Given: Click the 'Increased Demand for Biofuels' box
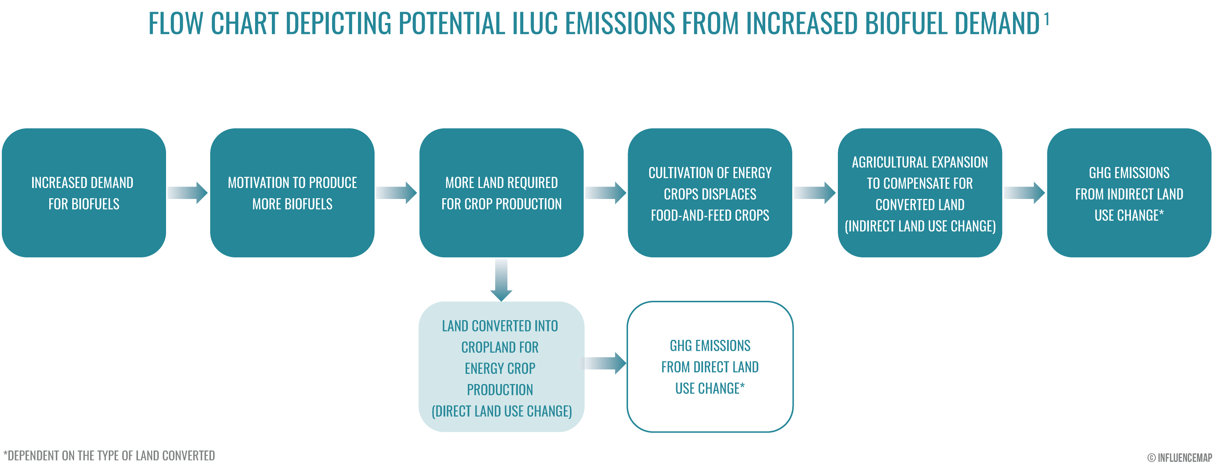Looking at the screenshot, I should tap(84, 193).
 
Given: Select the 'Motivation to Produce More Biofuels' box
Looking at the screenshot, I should tap(292, 193).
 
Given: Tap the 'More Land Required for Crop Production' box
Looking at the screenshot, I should tap(501, 193).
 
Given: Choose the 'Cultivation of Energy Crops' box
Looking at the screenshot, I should tap(710, 193).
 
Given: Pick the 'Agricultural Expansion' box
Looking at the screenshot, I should tap(920, 193).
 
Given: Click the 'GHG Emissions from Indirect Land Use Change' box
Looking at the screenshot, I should tap(1129, 193).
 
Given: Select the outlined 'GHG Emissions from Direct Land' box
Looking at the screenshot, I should tap(710, 367).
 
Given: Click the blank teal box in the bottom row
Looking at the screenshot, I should tap(501, 367).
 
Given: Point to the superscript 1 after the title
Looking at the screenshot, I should tap(1046, 19).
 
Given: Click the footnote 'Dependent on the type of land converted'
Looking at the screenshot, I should tap(109, 456).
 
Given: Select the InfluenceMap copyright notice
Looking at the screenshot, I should tap(1179, 457).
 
